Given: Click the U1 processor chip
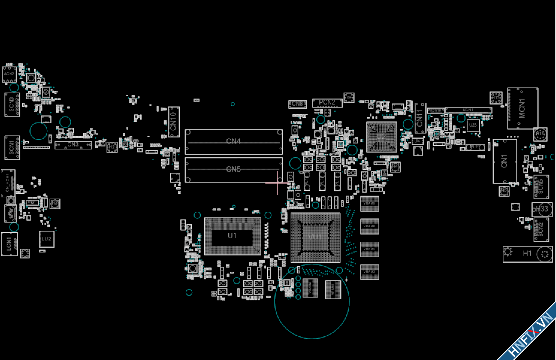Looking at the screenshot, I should [x=232, y=236].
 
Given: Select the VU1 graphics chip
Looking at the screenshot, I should [x=315, y=237].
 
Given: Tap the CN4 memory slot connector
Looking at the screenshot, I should [x=234, y=141].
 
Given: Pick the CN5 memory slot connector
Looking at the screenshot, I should [x=234, y=170].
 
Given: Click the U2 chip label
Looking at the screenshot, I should [x=381, y=137].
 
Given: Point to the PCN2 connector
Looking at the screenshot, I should [x=327, y=103].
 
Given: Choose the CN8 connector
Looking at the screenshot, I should [x=297, y=104].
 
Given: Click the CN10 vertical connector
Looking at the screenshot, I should [x=173, y=122].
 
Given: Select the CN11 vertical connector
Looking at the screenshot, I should [x=420, y=118].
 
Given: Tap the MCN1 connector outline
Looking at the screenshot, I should [x=522, y=108].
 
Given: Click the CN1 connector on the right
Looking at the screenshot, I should [x=504, y=161].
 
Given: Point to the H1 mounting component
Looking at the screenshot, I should [x=527, y=254].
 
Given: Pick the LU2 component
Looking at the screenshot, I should [x=46, y=239].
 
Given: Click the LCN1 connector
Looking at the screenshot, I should [x=9, y=244].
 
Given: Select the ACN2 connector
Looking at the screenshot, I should [x=9, y=74].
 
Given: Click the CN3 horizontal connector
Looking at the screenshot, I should [x=73, y=145].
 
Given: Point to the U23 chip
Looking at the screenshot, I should [x=473, y=125].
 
